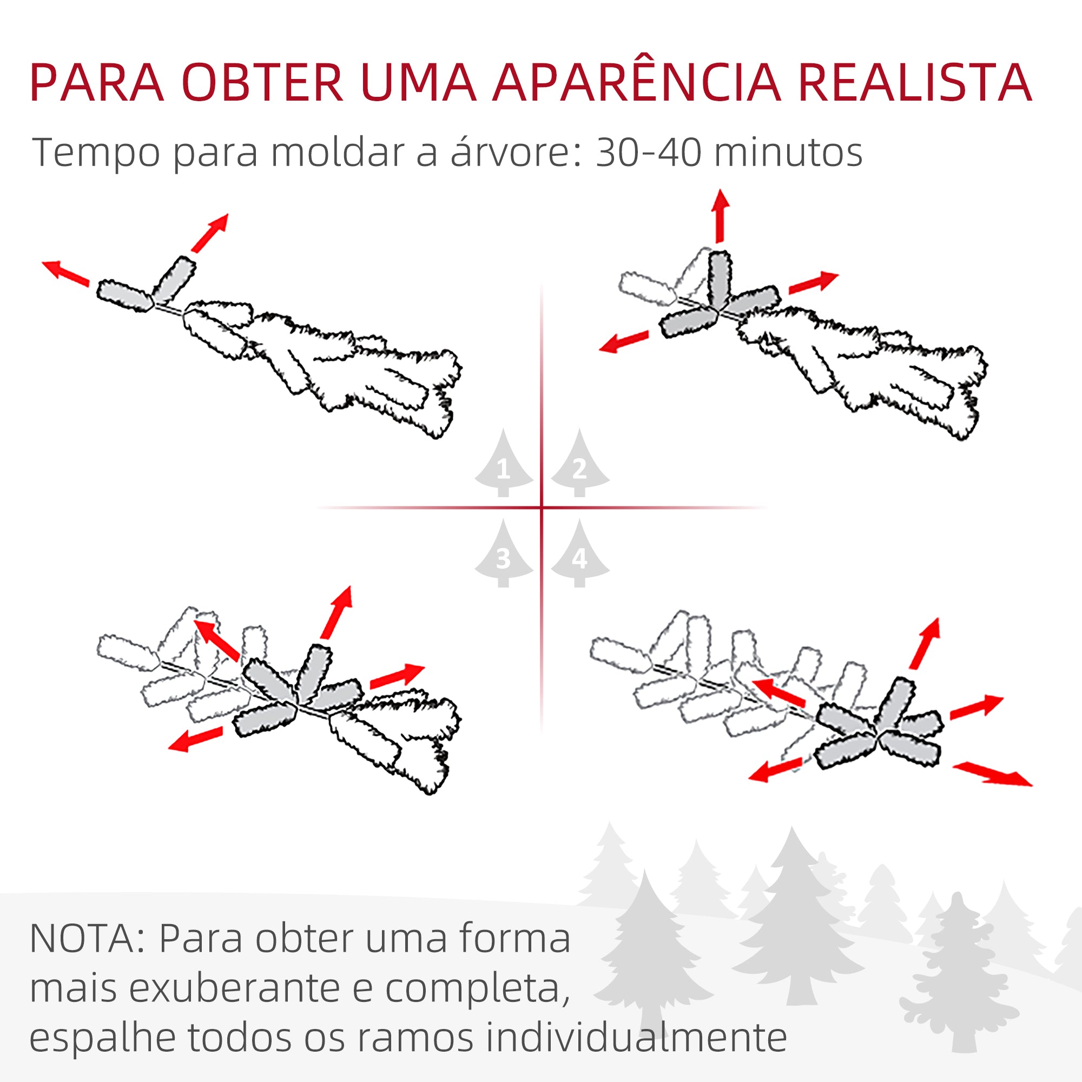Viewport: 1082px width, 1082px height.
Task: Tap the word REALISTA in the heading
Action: point(914,83)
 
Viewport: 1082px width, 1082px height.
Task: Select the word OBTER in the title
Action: point(262,83)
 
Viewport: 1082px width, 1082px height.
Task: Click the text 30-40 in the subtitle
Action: point(648,153)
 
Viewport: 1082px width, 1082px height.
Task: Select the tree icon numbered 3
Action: point(503,555)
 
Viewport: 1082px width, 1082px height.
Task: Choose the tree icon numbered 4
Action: point(579,555)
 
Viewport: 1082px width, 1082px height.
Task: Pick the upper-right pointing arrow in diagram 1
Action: point(210,232)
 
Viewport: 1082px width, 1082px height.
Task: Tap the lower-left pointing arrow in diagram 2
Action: point(623,341)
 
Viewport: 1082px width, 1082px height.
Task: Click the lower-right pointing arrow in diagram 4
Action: point(992,774)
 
